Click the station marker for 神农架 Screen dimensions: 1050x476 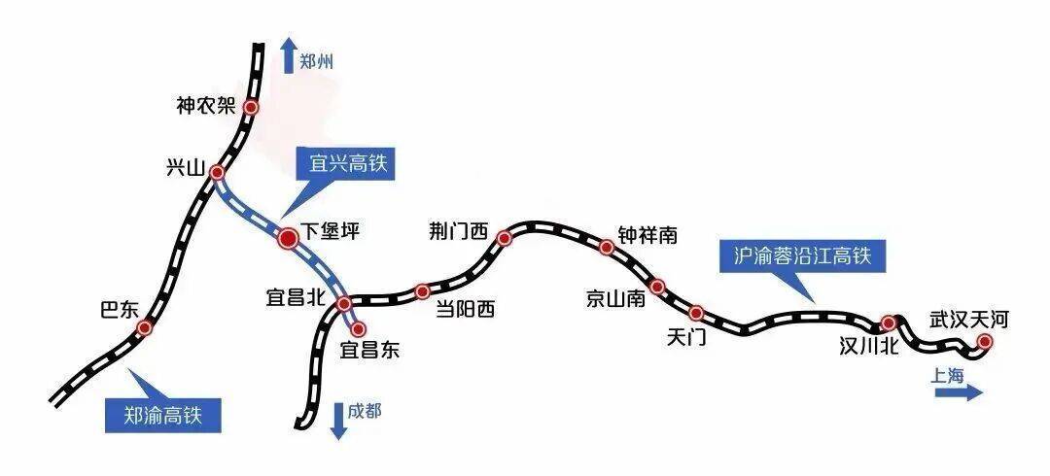point(251,107)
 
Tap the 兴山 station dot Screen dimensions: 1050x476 point(216,173)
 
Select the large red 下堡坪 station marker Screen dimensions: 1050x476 point(288,238)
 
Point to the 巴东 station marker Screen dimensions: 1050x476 point(145,327)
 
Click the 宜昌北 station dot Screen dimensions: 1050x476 point(343,305)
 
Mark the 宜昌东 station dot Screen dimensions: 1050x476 point(358,328)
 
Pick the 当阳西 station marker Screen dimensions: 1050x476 point(422,291)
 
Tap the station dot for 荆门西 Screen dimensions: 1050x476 point(505,238)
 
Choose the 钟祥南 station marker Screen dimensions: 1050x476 point(606,248)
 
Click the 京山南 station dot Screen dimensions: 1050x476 point(657,287)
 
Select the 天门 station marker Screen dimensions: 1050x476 point(696,312)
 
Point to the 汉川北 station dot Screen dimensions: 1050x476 point(888,323)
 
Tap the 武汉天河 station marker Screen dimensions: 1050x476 point(984,342)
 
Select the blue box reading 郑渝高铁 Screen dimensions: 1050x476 point(162,416)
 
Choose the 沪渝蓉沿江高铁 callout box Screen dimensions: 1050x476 point(802,255)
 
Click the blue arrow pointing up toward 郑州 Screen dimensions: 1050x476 point(289,55)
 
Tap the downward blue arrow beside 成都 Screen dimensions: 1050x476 point(339,421)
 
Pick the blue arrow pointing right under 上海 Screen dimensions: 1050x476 point(959,392)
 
